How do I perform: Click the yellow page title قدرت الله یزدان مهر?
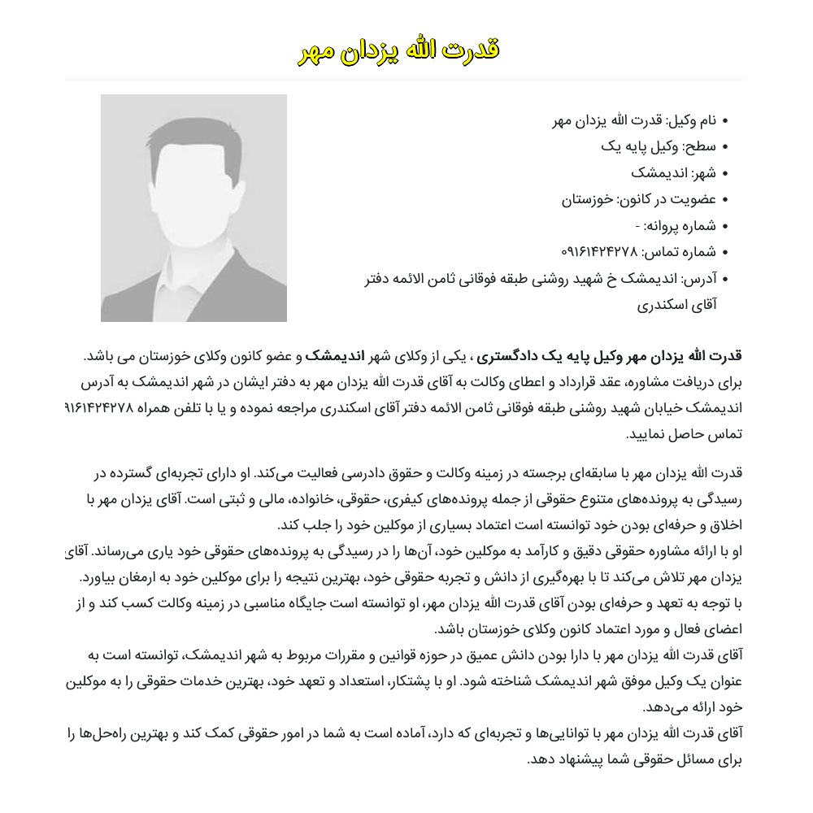[x=398, y=50]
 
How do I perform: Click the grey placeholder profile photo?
[x=193, y=208]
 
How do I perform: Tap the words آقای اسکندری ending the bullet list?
[x=676, y=304]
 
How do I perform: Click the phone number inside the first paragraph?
[x=98, y=408]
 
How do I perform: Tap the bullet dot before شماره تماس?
[x=725, y=252]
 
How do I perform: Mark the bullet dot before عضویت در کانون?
[x=725, y=200]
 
